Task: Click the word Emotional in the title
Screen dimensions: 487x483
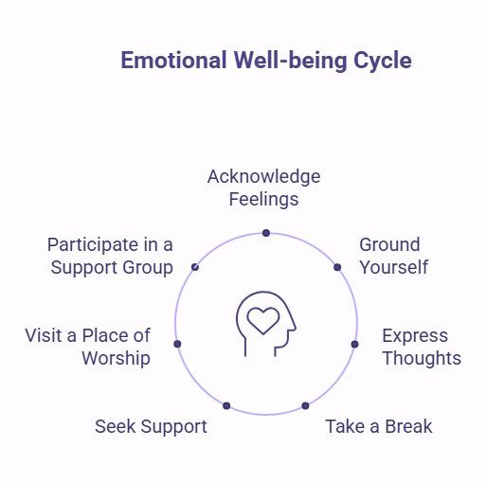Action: [x=173, y=60]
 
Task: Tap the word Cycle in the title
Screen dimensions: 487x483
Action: [x=383, y=61]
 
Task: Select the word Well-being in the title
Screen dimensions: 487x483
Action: [x=290, y=61]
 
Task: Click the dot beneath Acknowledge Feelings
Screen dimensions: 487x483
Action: [x=266, y=233]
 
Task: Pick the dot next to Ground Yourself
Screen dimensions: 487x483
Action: [x=337, y=267]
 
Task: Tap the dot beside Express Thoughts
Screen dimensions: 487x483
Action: [x=354, y=344]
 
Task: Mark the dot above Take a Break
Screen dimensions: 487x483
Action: [x=305, y=405]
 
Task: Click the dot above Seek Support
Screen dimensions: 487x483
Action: [x=226, y=405]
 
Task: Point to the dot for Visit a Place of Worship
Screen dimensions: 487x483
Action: [x=177, y=344]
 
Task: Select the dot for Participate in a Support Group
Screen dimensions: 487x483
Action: [x=195, y=267]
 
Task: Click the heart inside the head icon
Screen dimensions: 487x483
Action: [x=263, y=320]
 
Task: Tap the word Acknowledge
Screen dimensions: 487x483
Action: [x=264, y=177]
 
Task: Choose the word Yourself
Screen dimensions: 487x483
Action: [x=394, y=267]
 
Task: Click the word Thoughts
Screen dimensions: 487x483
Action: [x=422, y=359]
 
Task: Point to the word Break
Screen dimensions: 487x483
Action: [x=408, y=426]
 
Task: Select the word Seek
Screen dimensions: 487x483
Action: [x=116, y=426]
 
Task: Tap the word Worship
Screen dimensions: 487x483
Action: [x=116, y=359]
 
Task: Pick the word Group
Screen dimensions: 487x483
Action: [x=148, y=268]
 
